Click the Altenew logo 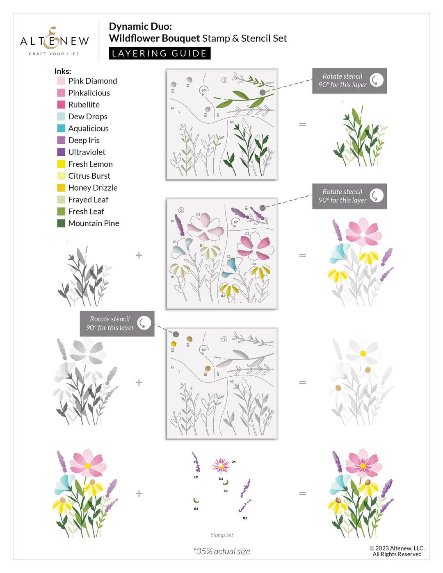55,41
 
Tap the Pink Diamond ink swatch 61,81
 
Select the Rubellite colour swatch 61,105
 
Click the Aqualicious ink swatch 61,128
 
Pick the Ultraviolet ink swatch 61,152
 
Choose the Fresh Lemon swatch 61,164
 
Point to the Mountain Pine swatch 61,223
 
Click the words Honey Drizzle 93,188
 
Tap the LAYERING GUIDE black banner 160,53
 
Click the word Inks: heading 63,71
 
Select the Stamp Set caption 221,535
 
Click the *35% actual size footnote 221,551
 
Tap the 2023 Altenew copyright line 397,548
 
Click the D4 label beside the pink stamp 233,462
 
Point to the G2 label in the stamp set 245,518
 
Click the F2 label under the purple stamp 196,477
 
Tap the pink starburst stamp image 221,466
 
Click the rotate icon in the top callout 377,80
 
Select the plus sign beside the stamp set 139,493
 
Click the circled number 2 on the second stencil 181,210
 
